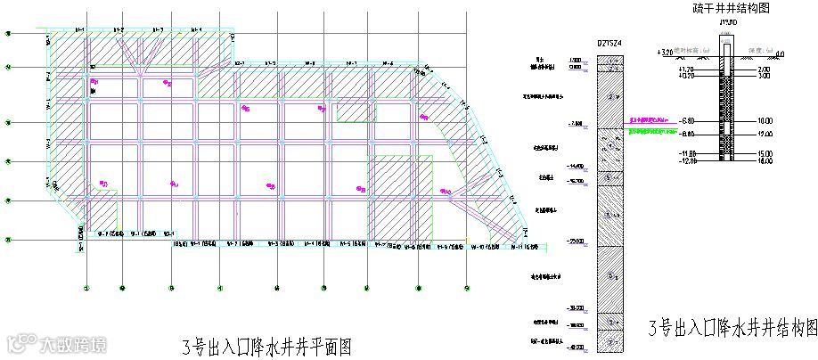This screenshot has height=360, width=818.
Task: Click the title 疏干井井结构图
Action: pos(730,8)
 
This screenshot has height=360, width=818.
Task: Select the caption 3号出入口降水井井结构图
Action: pos(732,327)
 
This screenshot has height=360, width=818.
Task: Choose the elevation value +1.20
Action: pos(685,70)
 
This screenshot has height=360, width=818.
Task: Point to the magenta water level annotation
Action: pos(650,119)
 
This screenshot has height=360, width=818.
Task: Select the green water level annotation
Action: pos(650,131)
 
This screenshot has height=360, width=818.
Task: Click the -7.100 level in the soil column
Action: pos(574,124)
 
